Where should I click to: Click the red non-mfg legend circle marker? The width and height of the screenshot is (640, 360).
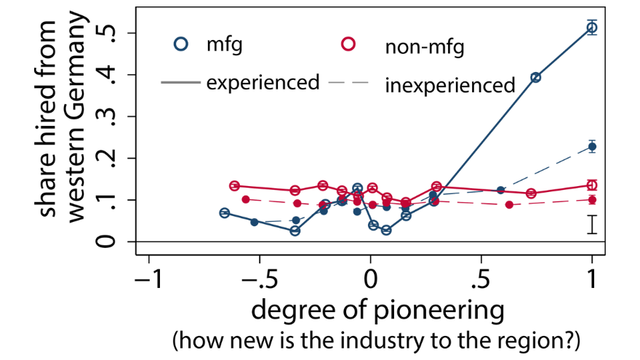(x=348, y=44)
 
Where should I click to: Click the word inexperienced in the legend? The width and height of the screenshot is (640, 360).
(x=450, y=84)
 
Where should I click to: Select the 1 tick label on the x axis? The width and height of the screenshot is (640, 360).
(x=592, y=279)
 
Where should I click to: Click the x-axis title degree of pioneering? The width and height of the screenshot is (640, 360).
(x=377, y=311)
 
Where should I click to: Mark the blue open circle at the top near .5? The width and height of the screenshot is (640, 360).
(x=592, y=28)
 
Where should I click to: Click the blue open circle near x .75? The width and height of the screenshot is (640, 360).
(x=536, y=77)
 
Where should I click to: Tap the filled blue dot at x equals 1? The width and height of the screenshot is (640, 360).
(x=592, y=147)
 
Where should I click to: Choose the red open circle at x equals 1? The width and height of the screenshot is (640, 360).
(x=592, y=185)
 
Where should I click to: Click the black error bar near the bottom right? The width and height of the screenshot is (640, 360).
(x=592, y=225)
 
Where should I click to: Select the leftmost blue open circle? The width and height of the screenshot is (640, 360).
(x=225, y=213)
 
